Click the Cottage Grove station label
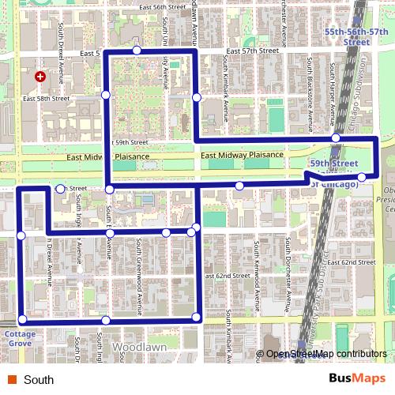(x=20, y=339)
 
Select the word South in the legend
(x=39, y=380)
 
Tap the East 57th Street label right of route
(x=252, y=50)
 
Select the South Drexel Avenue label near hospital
(x=60, y=51)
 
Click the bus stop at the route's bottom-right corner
(x=197, y=318)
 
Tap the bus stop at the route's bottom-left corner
(x=22, y=319)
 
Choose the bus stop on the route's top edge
(x=137, y=51)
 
